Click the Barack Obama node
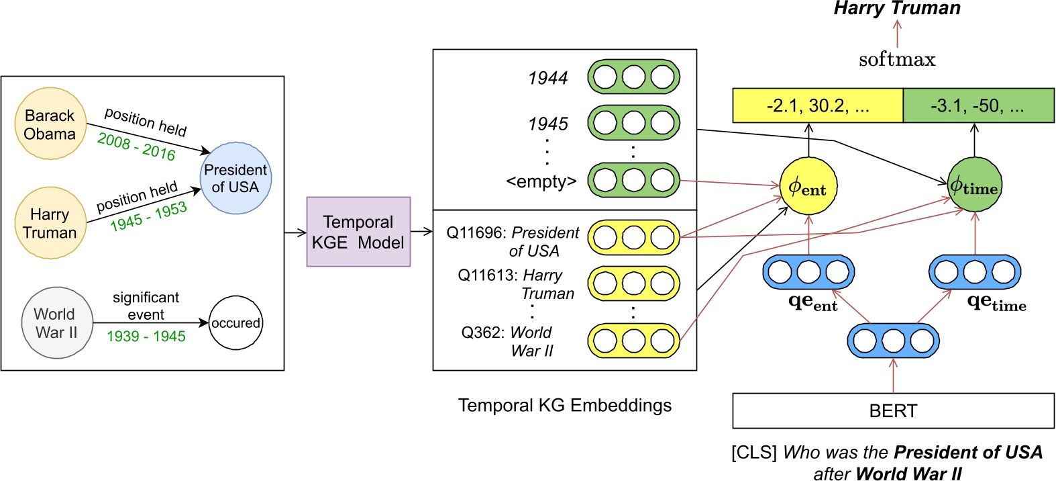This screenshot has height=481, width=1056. click(50, 124)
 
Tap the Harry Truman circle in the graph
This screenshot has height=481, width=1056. click(50, 223)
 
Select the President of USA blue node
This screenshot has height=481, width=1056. click(235, 178)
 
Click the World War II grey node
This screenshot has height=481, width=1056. click(57, 323)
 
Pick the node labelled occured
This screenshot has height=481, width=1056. click(235, 323)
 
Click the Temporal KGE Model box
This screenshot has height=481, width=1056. click(358, 232)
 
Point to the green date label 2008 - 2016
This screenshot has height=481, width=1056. click(136, 146)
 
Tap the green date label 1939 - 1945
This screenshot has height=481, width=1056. click(146, 336)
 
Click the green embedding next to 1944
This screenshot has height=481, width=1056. click(633, 77)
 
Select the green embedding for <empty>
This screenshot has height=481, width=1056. click(633, 180)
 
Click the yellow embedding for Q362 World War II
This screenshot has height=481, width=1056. click(633, 341)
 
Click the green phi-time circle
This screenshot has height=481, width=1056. click(975, 185)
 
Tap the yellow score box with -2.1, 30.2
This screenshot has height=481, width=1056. click(818, 105)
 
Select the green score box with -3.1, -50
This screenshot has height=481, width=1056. click(978, 105)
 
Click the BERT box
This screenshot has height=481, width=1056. click(893, 410)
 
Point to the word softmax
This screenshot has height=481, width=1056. click(897, 60)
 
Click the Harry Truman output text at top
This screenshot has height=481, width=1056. click(897, 9)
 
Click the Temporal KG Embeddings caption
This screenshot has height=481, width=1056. click(564, 405)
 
